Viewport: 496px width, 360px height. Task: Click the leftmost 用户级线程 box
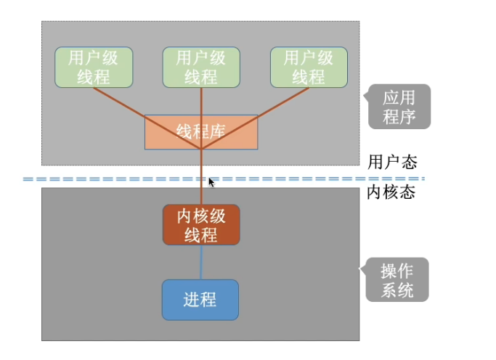(x=94, y=67)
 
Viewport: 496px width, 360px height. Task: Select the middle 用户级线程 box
(x=200, y=67)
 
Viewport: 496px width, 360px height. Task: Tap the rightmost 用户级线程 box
(x=308, y=67)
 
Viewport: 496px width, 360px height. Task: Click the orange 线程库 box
(x=200, y=132)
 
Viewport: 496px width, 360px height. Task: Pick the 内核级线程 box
(x=200, y=225)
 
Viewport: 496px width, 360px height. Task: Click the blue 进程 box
(x=200, y=299)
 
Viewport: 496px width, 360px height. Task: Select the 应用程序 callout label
(x=399, y=107)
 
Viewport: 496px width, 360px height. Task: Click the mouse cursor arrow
(x=211, y=182)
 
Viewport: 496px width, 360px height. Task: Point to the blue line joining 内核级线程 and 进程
(x=201, y=262)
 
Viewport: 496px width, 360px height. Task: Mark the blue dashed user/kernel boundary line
(x=109, y=178)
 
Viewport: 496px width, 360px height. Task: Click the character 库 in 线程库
(x=216, y=132)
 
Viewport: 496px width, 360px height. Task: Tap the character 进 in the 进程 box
(x=191, y=299)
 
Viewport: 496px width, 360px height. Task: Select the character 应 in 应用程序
(x=391, y=98)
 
